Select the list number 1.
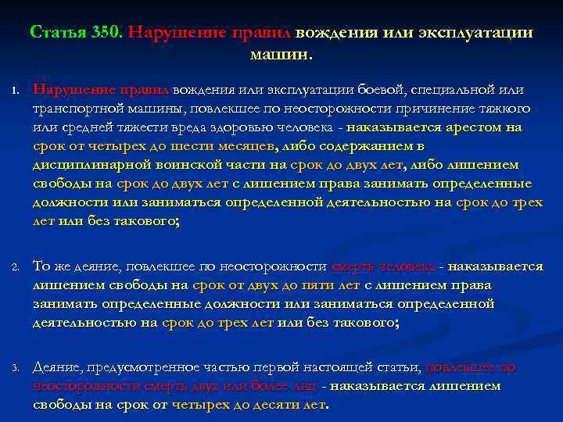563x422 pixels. [x=15, y=91]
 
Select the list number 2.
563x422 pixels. [x=15, y=268]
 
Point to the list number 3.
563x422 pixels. [x=15, y=368]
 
